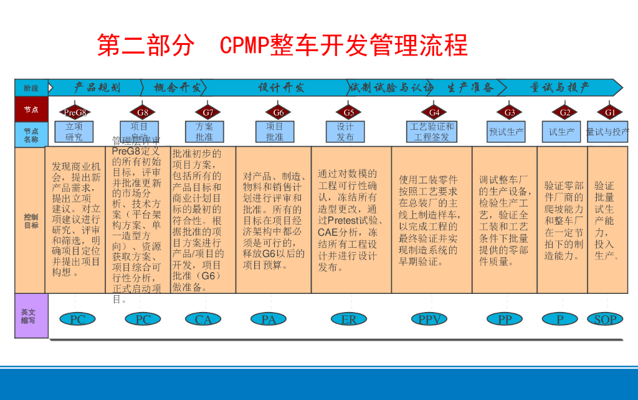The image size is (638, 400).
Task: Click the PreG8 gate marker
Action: coord(75,112)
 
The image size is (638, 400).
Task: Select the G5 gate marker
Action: coord(349,112)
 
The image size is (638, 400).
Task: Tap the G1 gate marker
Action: coord(610,112)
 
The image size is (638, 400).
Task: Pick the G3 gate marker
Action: coord(510,112)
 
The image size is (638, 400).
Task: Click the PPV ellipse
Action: coord(429,320)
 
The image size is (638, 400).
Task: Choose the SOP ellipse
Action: coord(606,320)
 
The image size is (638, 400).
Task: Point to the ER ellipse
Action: coord(349,320)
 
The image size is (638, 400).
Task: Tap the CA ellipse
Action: coord(204,320)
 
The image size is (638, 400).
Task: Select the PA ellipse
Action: coord(269,320)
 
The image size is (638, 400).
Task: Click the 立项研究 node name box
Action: coord(74,131)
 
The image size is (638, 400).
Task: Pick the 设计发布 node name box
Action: coord(345,131)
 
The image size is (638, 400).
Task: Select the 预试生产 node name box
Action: coord(507,132)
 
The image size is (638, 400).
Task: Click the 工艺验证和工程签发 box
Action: coord(432,131)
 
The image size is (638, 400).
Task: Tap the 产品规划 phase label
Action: coord(97,87)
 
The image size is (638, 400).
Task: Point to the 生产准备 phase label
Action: coord(470,87)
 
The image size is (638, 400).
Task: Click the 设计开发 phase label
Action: coord(281,87)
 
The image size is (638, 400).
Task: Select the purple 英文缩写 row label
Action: coord(31,316)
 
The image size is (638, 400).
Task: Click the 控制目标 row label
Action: coord(31,220)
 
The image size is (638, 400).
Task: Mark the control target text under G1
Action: coord(606,220)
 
